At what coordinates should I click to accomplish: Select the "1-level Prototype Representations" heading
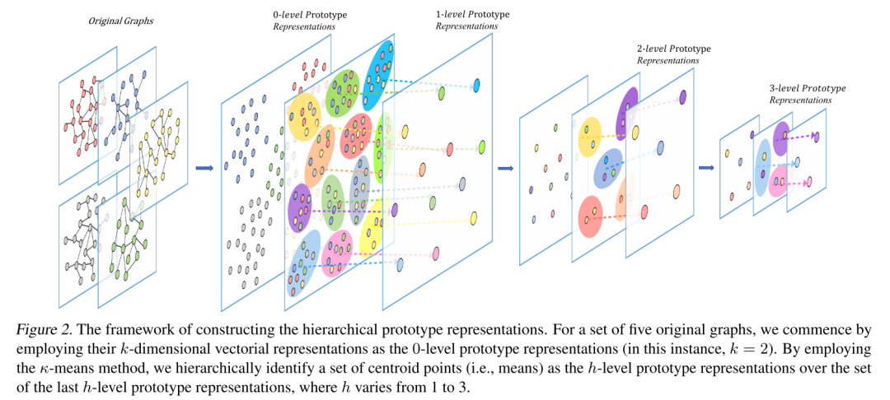coord(472,20)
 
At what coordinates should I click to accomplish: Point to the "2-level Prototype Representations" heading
coord(673,54)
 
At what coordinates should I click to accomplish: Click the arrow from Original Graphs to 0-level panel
coord(204,168)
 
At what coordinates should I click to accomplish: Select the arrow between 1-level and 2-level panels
coord(506,170)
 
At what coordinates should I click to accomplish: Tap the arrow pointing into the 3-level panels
coord(706,168)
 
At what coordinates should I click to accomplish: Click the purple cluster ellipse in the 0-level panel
coord(299,207)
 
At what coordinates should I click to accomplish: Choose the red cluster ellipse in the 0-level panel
coord(357,134)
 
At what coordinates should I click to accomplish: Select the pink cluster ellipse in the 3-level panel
coord(778,182)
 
